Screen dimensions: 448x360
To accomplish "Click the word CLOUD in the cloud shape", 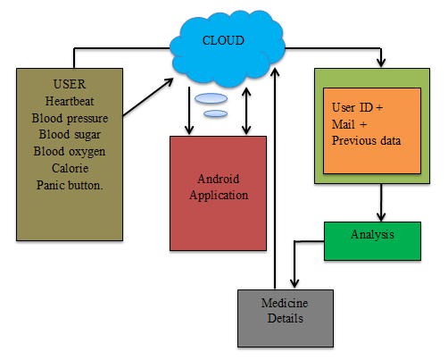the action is [x=223, y=40].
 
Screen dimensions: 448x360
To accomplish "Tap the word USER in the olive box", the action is [x=70, y=84].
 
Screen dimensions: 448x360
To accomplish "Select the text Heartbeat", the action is [x=70, y=101].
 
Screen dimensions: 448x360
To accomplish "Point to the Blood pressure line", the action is [x=70, y=119].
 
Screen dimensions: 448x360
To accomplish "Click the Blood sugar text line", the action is [x=70, y=135].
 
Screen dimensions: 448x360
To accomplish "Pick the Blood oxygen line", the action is [x=70, y=152].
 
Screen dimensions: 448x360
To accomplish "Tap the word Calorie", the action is [x=71, y=168].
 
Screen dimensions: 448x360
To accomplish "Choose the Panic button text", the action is [x=70, y=185].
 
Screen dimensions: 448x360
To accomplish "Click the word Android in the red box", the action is [x=219, y=179].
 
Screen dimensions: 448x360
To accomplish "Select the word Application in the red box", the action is [x=219, y=196].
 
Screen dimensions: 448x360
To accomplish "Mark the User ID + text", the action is [x=357, y=107].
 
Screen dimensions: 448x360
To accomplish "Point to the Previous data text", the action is [x=366, y=140].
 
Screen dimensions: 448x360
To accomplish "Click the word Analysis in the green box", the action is [x=372, y=235].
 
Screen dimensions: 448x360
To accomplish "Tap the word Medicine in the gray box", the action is [x=285, y=303].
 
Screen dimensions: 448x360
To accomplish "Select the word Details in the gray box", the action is [x=286, y=318].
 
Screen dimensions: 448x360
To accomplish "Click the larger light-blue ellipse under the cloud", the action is [x=212, y=98].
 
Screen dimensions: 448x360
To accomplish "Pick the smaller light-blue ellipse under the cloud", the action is [x=216, y=113].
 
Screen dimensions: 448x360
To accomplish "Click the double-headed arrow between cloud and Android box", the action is [x=246, y=111].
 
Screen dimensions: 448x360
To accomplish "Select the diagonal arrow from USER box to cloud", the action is [x=148, y=96].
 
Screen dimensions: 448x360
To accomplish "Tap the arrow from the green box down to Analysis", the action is [x=381, y=203].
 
